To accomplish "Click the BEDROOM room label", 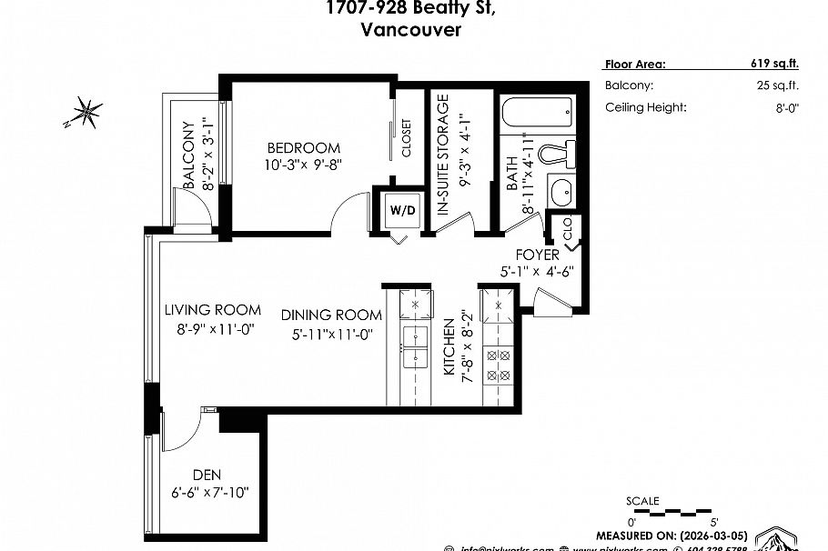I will pos(303,148).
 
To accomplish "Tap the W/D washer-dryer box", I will pos(402,211).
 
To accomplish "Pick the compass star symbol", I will pos(87,113).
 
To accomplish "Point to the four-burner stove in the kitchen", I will pos(499,364).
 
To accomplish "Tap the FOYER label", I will pos(537,255).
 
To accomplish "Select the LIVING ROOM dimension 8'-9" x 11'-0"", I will pos(213,328).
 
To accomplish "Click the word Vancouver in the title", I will pos(411,29).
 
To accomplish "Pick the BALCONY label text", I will pos(189,155).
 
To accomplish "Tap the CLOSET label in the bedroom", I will pos(406,139).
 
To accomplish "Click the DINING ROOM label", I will pos(330,315).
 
